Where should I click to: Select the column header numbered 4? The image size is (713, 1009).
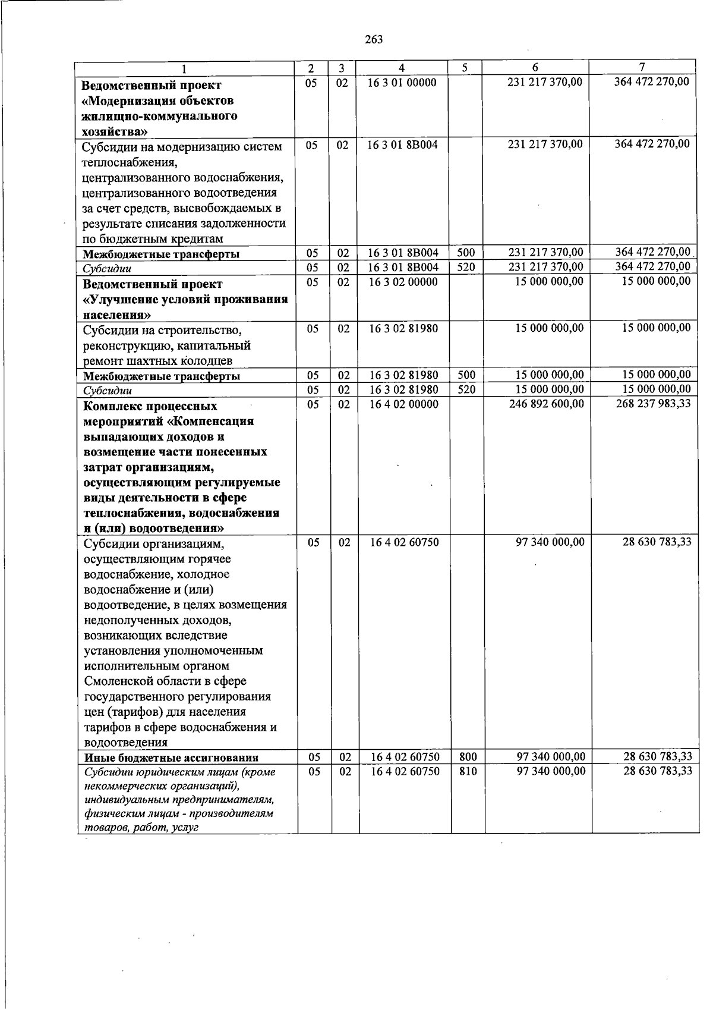[402, 68]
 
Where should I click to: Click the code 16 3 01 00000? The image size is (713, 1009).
[402, 83]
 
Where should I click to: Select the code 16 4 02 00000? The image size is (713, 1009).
[404, 404]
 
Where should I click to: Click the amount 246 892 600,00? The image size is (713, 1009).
[547, 404]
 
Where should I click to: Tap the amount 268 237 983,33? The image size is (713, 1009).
[653, 404]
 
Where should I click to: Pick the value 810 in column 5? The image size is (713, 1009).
[468, 771]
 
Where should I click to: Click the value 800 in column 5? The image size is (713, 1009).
[468, 757]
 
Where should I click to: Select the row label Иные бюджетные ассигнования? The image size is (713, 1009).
[171, 757]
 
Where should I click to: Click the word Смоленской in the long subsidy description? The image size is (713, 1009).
[122, 681]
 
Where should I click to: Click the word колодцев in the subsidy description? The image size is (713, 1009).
[207, 361]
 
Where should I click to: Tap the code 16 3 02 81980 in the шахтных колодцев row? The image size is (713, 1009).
[404, 328]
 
